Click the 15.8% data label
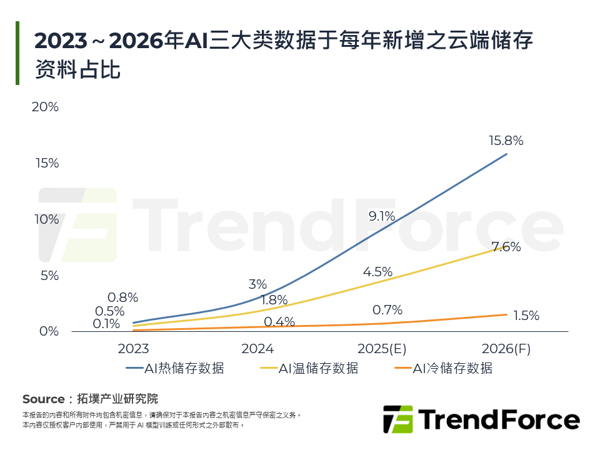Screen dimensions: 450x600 (506, 141)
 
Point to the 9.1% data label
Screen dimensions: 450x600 (382, 216)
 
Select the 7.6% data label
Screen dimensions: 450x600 (506, 247)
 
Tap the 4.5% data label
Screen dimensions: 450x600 (377, 272)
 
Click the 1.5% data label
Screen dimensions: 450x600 (526, 316)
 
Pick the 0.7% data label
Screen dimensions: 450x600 (387, 309)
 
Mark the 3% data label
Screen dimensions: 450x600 (257, 284)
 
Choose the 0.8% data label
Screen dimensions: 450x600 (122, 297)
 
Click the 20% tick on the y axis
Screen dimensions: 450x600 (45, 107)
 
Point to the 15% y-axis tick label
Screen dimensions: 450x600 (46, 163)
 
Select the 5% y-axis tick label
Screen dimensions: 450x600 (49, 276)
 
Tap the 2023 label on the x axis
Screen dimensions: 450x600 (134, 349)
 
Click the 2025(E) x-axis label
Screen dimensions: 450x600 (382, 349)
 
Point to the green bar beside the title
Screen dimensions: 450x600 (17, 53)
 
